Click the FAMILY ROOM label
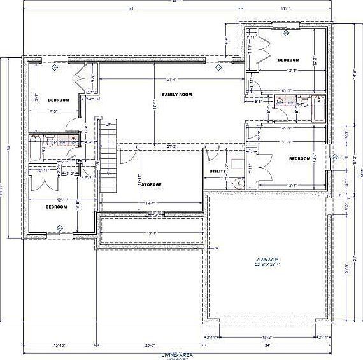click(176, 95)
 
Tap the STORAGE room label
click(152, 184)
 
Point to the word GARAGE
click(267, 260)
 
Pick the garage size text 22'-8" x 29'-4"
click(267, 266)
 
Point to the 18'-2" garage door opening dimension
click(268, 337)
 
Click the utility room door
click(212, 155)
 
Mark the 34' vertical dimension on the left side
click(9, 148)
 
